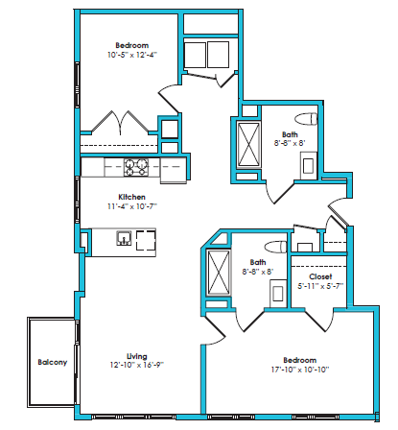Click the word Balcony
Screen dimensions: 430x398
coord(52,362)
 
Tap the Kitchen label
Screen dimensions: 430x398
coord(131,197)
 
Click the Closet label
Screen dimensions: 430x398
coord(320,275)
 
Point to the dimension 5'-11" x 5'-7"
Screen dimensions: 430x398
coord(320,286)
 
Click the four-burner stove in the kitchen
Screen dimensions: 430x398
coord(135,168)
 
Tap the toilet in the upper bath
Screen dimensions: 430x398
coord(306,120)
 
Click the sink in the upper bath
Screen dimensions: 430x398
coord(309,163)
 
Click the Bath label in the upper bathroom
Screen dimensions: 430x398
coord(291,135)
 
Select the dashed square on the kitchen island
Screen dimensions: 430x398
coord(146,240)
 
